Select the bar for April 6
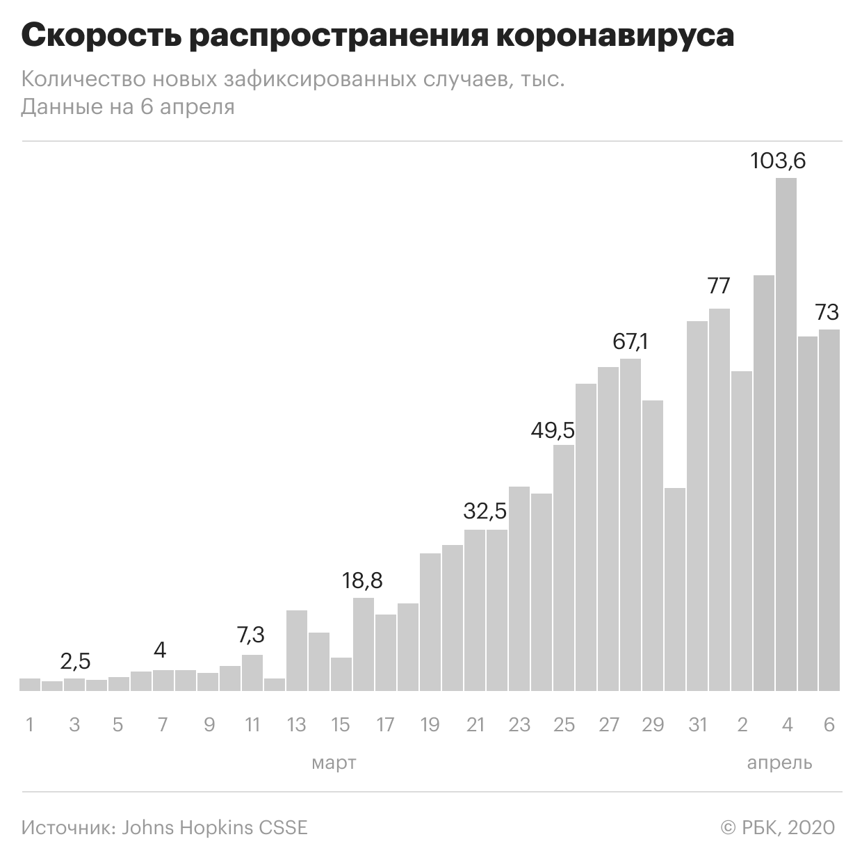[x=829, y=510]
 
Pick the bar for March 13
[x=297, y=651]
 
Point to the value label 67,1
[x=631, y=342]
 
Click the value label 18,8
[x=363, y=580]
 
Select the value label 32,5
[x=485, y=512]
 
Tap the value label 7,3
[x=251, y=635]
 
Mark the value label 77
[x=719, y=286]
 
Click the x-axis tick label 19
[x=430, y=725]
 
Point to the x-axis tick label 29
[x=653, y=725]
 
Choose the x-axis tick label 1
[x=30, y=725]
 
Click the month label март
[x=334, y=763]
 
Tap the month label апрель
[x=779, y=763]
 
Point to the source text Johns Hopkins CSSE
[x=214, y=828]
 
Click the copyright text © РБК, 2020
[x=778, y=828]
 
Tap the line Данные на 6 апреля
[x=128, y=107]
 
